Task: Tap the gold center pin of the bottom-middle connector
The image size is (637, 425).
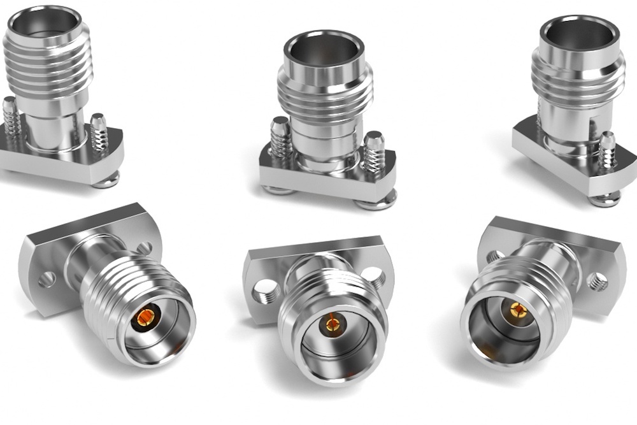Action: pyautogui.click(x=332, y=324)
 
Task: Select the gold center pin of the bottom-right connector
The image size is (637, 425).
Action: pyautogui.click(x=515, y=310)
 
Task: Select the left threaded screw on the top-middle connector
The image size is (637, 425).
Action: pyautogui.click(x=282, y=138)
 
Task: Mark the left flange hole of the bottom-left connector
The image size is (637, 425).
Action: pyautogui.click(x=47, y=278)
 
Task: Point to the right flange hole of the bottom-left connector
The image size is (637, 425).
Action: pyautogui.click(x=145, y=248)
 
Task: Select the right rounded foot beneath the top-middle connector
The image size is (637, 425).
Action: pyautogui.click(x=376, y=203)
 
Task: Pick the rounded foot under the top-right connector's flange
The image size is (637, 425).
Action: pyautogui.click(x=604, y=199)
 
